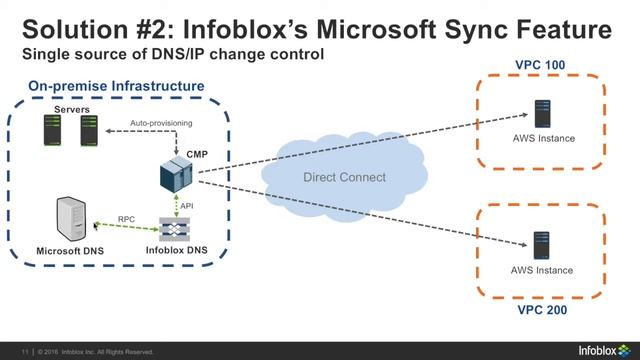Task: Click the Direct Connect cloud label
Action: pos(344,177)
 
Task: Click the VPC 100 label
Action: pos(539,65)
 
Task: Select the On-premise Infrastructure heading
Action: pos(116,87)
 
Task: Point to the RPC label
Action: pos(126,218)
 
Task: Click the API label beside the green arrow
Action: pos(187,205)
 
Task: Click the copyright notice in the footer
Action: pos(96,351)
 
